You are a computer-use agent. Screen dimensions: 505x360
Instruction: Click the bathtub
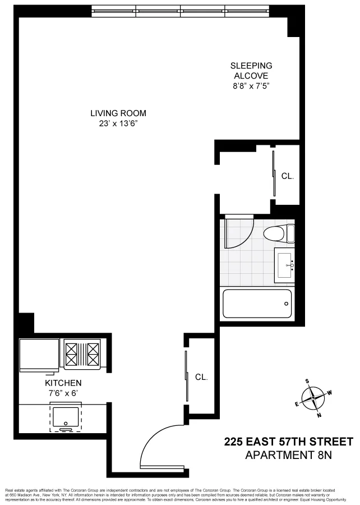257,304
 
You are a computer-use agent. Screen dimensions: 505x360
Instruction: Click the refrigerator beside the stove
39,355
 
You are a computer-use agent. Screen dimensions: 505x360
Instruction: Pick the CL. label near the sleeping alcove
287,176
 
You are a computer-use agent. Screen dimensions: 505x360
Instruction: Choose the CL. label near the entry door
201,377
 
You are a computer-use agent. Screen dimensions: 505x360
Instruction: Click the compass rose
313,398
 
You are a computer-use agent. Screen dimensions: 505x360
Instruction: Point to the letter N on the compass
319,415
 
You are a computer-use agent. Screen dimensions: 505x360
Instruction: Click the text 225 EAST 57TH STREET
289,441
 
